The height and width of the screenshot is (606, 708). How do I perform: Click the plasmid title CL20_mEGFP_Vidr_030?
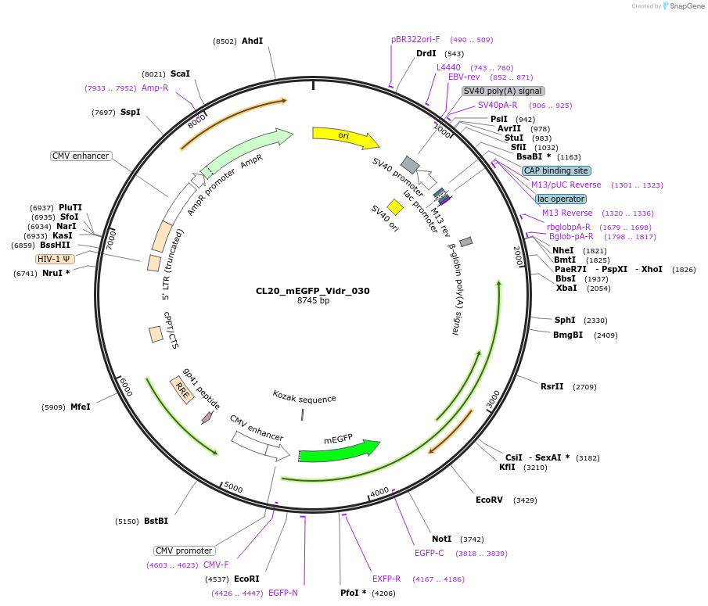click(x=312, y=291)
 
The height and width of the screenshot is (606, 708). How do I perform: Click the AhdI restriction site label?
click(x=252, y=41)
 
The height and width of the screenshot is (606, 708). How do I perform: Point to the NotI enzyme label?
click(x=442, y=539)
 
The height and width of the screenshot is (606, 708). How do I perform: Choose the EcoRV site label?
click(x=489, y=500)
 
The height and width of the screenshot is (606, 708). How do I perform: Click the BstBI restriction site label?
click(x=156, y=521)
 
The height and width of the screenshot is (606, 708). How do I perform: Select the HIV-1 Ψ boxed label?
click(x=55, y=259)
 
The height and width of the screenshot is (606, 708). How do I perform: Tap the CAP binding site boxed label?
click(x=556, y=170)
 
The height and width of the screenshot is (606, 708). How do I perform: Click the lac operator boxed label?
click(x=561, y=199)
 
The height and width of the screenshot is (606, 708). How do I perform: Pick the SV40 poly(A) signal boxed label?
click(x=503, y=91)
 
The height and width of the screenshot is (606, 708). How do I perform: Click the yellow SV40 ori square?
click(x=395, y=206)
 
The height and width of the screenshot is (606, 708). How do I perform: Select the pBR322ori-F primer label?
click(x=415, y=39)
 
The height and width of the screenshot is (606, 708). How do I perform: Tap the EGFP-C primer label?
click(x=429, y=553)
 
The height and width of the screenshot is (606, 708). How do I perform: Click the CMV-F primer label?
click(x=216, y=565)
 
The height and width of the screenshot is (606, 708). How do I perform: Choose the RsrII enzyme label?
click(x=552, y=386)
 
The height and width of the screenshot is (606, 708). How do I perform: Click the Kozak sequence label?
click(x=304, y=398)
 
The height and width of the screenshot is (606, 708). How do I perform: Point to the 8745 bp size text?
click(x=313, y=301)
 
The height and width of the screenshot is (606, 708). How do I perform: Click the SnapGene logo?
click(x=683, y=6)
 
